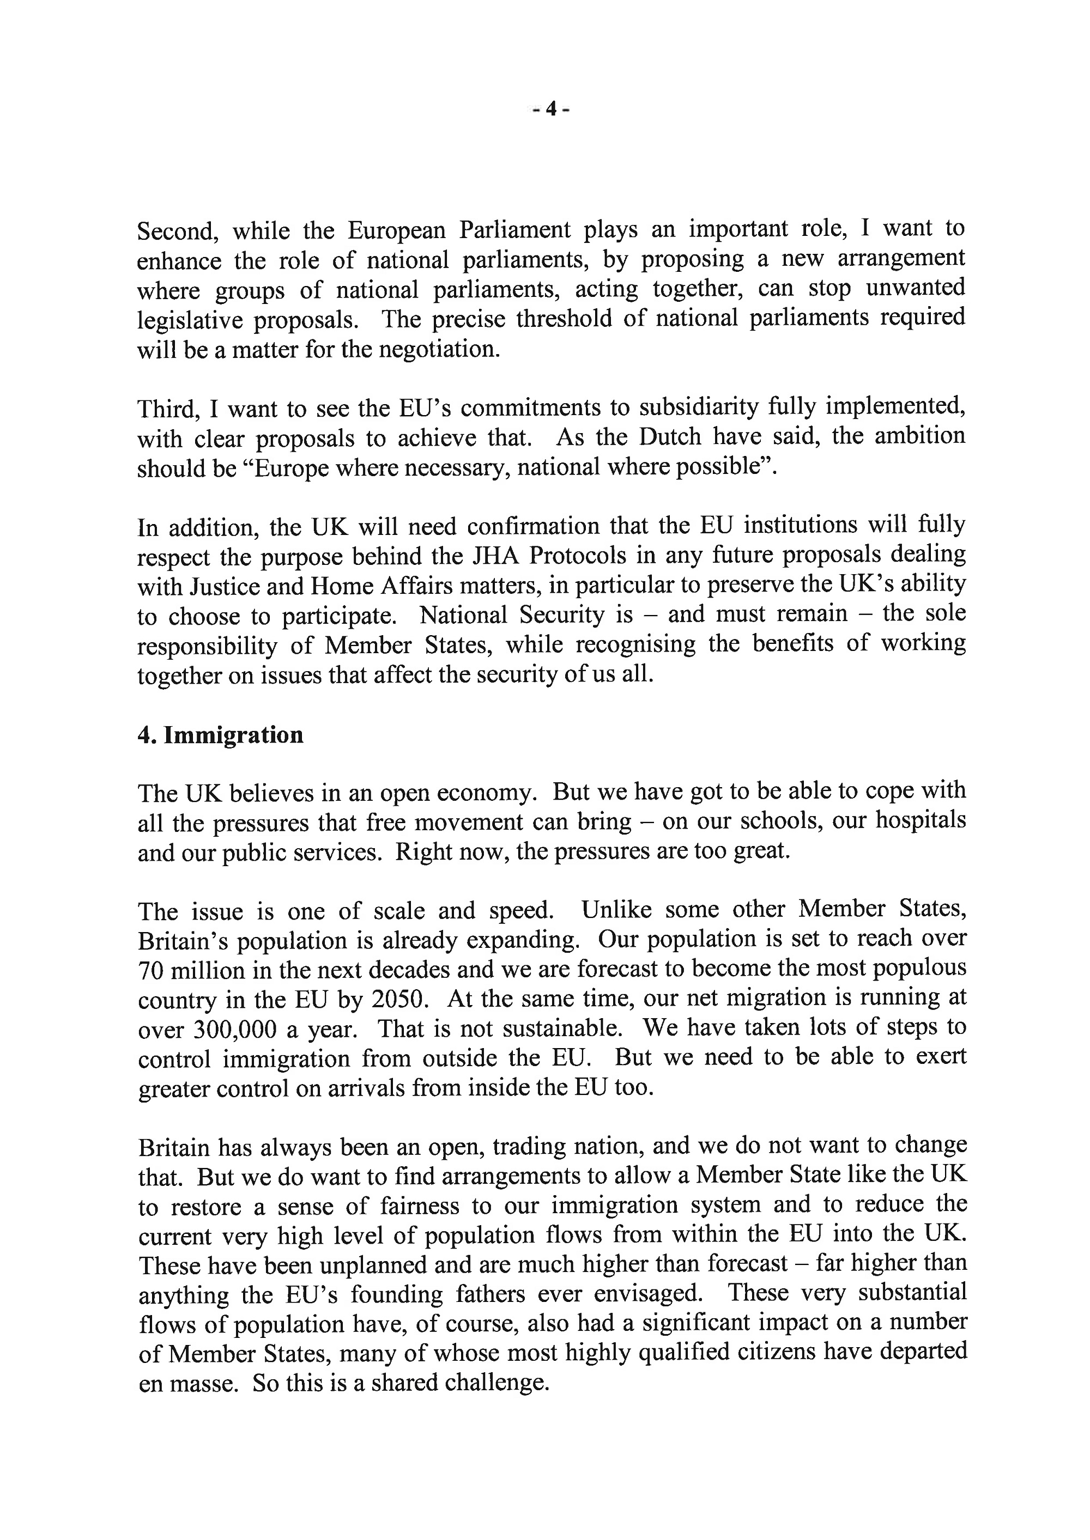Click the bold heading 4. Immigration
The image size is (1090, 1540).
click(221, 735)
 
